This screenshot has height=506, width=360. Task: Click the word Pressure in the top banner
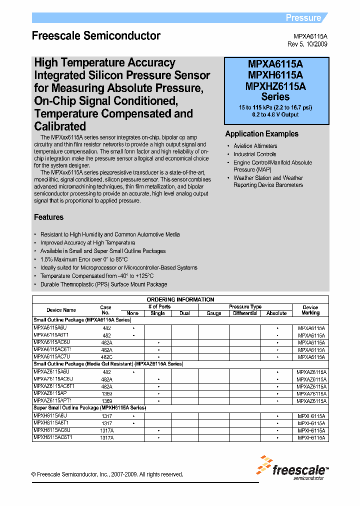point(303,18)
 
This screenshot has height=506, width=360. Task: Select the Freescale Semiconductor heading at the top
point(96,36)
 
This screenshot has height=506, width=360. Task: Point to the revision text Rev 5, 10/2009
point(307,44)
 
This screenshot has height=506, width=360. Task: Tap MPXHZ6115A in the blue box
point(275,86)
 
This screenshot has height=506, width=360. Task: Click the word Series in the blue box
point(275,97)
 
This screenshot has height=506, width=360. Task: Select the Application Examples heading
point(261,134)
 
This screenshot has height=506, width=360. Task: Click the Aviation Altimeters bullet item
point(255,146)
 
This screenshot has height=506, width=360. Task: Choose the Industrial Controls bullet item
point(254,154)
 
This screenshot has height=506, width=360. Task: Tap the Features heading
point(48,217)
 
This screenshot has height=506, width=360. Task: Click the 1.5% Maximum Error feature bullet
point(84,259)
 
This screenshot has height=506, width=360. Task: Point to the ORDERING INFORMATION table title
point(180,299)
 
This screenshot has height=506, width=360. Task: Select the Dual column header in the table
point(184,313)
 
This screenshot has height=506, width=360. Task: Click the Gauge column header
point(214,313)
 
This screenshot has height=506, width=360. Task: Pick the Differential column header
point(245,313)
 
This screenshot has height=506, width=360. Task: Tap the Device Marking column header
point(310,310)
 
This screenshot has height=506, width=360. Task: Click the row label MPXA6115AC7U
point(51,357)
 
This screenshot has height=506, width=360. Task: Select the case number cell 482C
point(106,357)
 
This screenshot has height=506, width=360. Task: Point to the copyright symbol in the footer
point(33,474)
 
